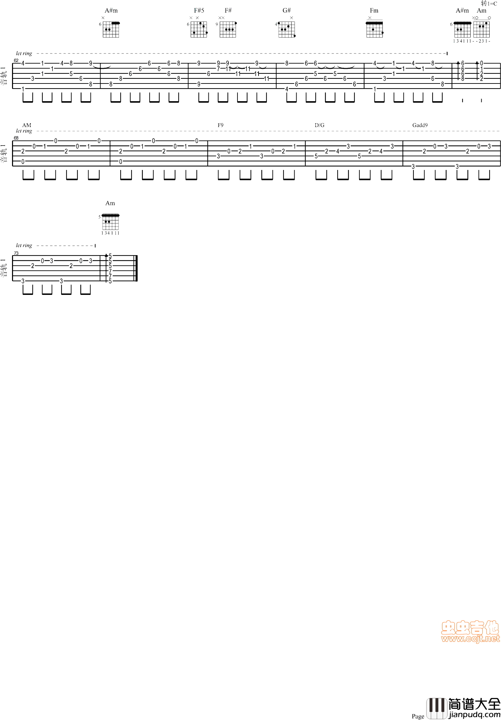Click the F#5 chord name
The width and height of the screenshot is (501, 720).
tap(199, 11)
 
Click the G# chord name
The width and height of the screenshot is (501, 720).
tap(287, 11)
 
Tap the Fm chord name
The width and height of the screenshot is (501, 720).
tap(374, 11)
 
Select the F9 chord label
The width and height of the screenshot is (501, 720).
tap(220, 125)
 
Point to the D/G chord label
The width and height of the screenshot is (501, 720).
tap(320, 125)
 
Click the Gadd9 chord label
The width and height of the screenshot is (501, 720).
tap(420, 125)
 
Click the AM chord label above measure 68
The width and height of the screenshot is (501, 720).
tap(27, 125)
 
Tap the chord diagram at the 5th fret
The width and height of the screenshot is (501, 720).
tap(110, 222)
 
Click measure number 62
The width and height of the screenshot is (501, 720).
tap(16, 60)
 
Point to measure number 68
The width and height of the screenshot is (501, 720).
tap(16, 138)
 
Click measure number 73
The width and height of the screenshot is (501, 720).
tap(16, 253)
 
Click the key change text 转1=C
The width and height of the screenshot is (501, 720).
tap(489, 3)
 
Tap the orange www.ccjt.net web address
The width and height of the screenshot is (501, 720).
tap(471, 639)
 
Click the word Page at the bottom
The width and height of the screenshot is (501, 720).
tap(418, 716)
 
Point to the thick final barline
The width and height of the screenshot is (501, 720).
tap(136, 268)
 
